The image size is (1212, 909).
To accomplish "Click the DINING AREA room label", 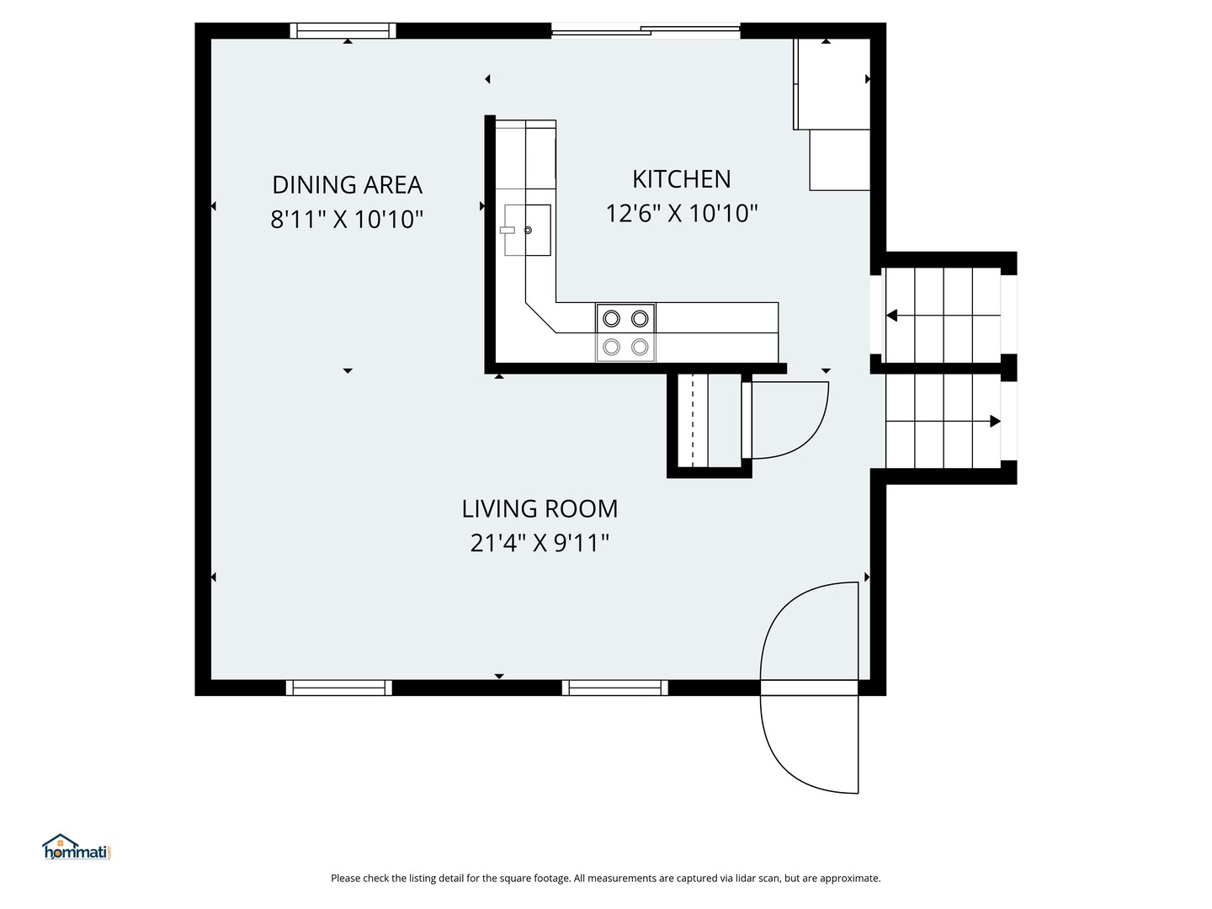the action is coord(347,185).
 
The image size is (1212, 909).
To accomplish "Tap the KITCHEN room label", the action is coord(682,179).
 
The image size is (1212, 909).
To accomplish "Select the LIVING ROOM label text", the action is coord(540,509).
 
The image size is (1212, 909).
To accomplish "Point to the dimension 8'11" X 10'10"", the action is coord(347,219).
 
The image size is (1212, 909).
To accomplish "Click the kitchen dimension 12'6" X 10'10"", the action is coord(682,213).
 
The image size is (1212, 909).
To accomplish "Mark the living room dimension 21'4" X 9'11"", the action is coord(540,543).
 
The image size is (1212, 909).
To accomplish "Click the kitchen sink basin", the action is coord(528,230).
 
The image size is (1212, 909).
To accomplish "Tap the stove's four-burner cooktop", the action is coord(625,332).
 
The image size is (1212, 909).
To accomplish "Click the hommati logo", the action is coord(77,848).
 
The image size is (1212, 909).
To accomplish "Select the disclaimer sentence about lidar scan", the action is coord(606,878).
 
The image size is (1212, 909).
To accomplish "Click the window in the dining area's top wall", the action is coord(343,30).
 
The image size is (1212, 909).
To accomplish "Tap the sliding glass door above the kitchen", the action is coord(646,31).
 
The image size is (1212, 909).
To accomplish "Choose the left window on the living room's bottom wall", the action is coord(339,688).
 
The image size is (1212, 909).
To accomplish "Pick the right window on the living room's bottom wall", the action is coord(615,688).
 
